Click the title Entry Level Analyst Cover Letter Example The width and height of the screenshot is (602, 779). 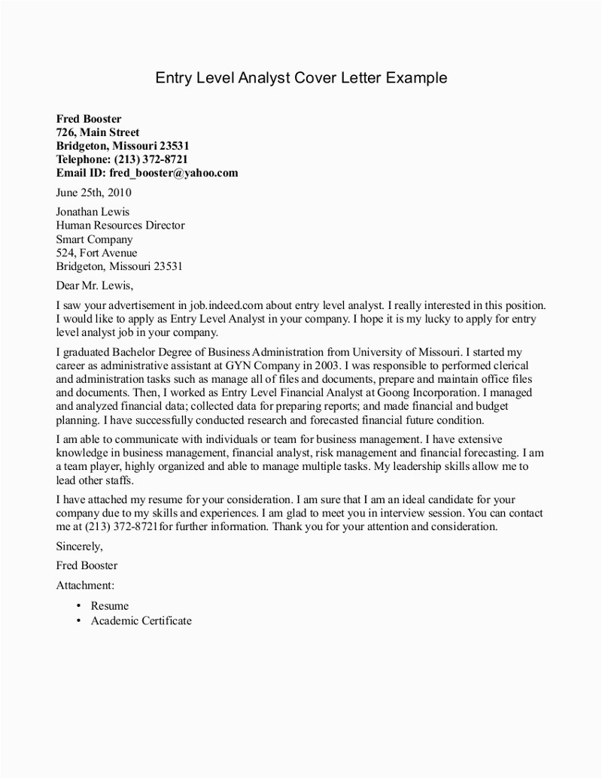tap(301, 78)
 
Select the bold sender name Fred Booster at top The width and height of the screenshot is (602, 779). tap(89, 119)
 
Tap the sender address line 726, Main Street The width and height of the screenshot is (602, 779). tap(98, 132)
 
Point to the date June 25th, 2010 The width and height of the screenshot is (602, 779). tap(93, 192)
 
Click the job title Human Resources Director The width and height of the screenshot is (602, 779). tap(120, 226)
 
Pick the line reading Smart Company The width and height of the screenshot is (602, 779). tap(95, 239)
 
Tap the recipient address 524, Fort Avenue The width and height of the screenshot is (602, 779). tap(97, 253)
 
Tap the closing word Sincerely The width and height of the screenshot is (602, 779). tap(80, 546)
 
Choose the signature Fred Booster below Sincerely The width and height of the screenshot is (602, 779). tap(87, 565)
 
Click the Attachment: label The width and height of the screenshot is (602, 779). tap(85, 584)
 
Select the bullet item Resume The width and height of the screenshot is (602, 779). tap(110, 606)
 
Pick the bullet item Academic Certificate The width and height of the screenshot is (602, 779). tap(141, 621)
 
